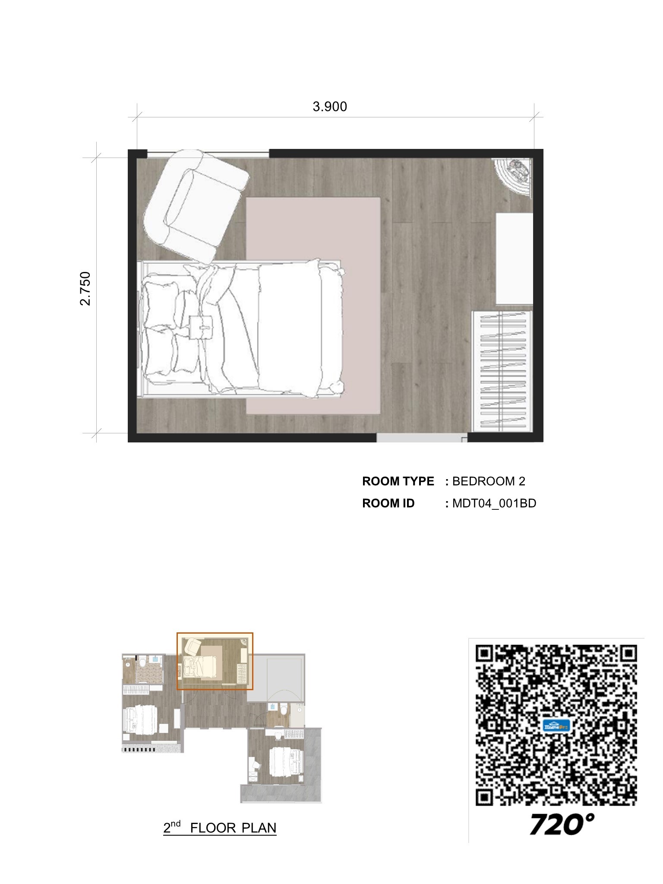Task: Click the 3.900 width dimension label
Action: click(330, 107)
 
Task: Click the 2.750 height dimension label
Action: click(86, 288)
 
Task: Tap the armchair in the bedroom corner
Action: click(195, 204)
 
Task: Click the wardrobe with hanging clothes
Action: click(503, 371)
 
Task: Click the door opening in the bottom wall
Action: click(421, 438)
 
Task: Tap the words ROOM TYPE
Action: click(398, 481)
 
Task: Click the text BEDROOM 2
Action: click(489, 481)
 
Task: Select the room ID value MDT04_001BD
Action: click(494, 503)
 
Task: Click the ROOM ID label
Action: click(388, 503)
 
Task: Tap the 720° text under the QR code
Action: click(561, 824)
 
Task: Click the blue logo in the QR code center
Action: click(556, 726)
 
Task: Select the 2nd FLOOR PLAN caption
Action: click(220, 827)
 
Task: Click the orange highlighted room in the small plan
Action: click(215, 661)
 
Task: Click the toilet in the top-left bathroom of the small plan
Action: click(142, 661)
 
